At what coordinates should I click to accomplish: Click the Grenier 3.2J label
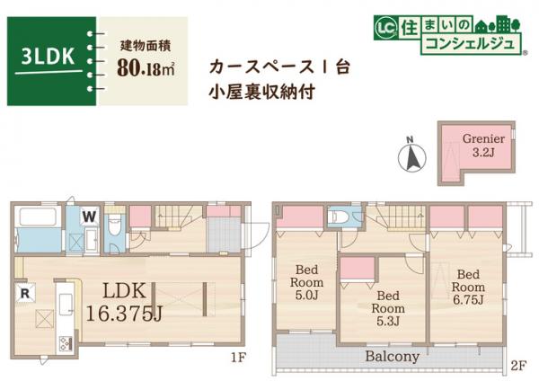[483, 146]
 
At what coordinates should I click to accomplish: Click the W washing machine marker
[90, 216]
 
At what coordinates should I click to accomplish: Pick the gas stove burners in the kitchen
[66, 342]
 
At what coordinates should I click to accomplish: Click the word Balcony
[393, 356]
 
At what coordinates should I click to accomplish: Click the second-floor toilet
[338, 217]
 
